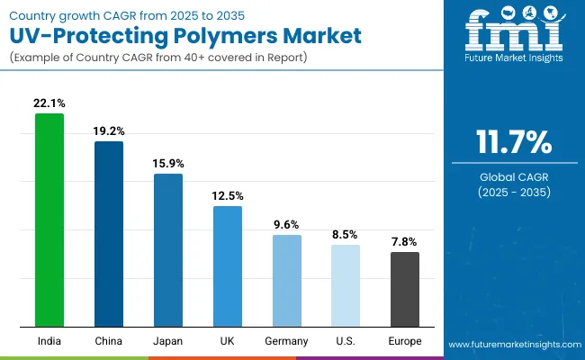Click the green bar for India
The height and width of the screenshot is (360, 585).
[x=49, y=220]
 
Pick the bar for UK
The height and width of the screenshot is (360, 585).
[x=228, y=266]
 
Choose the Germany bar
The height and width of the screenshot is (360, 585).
[x=287, y=281]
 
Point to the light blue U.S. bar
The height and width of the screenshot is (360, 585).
[x=346, y=285]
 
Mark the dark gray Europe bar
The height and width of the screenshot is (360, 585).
[x=405, y=289]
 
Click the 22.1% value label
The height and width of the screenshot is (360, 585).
[x=49, y=103]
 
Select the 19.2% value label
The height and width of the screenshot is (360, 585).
[x=109, y=130]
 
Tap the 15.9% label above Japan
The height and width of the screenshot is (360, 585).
[x=168, y=163]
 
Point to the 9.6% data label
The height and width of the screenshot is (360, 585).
[x=287, y=224]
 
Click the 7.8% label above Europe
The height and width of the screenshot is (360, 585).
[x=405, y=241]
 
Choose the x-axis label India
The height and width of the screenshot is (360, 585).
[x=49, y=341]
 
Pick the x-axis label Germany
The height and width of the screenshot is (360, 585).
[x=287, y=341]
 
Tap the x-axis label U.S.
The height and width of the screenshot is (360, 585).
[x=346, y=341]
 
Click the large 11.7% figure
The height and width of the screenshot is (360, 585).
[x=513, y=142]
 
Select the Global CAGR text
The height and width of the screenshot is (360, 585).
[x=513, y=177]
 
